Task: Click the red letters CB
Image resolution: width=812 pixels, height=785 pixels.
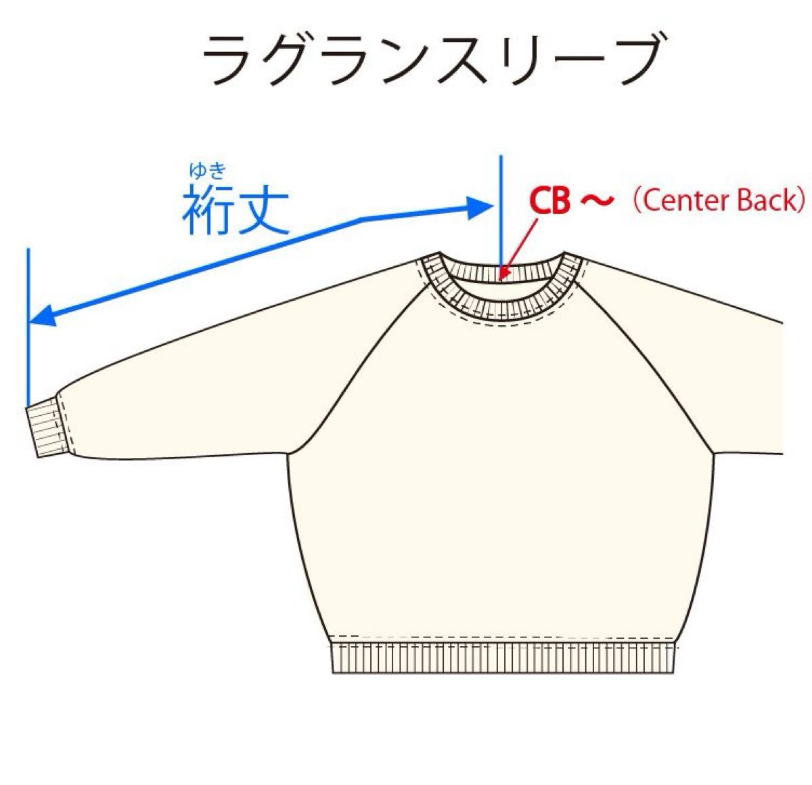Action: pyautogui.click(x=550, y=201)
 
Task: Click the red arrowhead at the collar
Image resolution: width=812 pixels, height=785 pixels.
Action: pyautogui.click(x=503, y=271)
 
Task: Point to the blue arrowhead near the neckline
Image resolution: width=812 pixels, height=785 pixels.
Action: pyautogui.click(x=480, y=207)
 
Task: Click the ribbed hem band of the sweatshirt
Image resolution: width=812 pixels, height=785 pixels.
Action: pyautogui.click(x=503, y=658)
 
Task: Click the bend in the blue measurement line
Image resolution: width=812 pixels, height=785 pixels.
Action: pyautogui.click(x=361, y=219)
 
